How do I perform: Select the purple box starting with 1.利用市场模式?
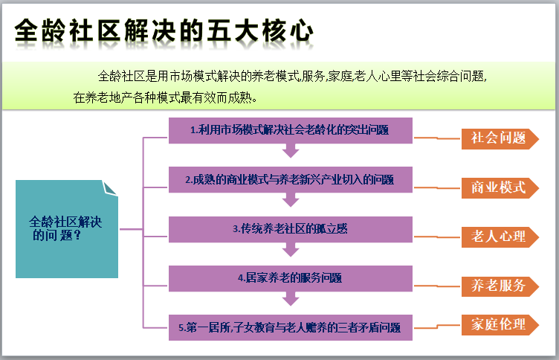tap(290, 129)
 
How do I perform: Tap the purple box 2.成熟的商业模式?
tap(290, 179)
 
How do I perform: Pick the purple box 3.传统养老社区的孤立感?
tap(290, 229)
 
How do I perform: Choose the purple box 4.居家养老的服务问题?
tap(290, 277)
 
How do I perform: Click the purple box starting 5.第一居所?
tap(290, 327)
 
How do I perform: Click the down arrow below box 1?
tap(291, 151)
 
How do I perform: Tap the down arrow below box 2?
tap(291, 200)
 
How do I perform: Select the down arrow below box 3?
tap(291, 250)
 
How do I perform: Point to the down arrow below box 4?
tap(291, 299)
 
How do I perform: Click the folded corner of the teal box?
tap(110, 188)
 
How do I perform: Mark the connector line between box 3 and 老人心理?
tap(435, 237)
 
